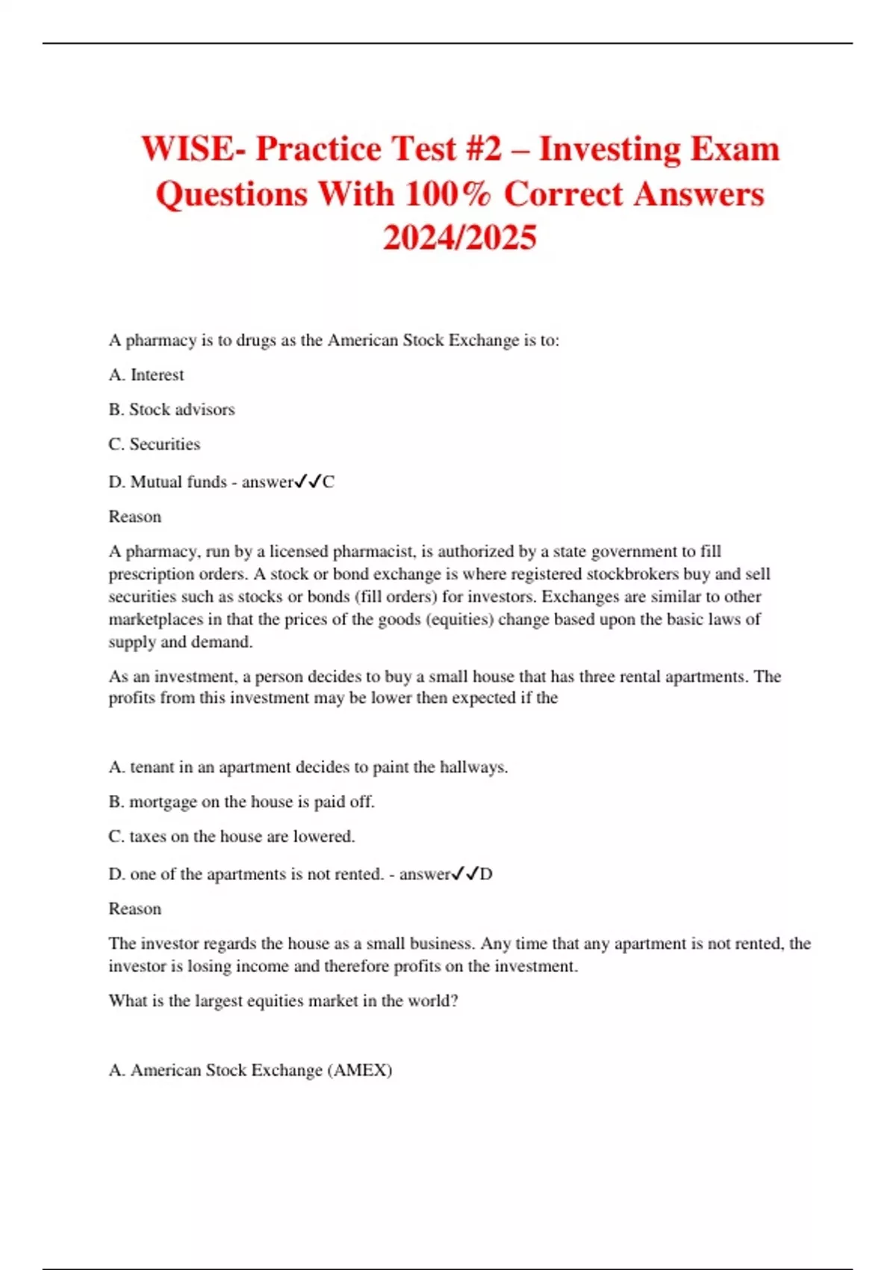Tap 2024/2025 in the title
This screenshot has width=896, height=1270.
click(459, 238)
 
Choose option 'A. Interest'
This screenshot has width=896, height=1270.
click(146, 375)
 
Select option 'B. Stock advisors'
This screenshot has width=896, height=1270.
click(172, 409)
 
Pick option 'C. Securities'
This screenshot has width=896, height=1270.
click(155, 444)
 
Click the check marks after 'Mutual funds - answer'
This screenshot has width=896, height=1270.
click(308, 482)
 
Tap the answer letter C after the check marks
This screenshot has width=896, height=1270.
click(329, 483)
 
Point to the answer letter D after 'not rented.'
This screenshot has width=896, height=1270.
click(486, 874)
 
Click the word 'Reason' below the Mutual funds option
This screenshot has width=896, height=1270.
click(135, 517)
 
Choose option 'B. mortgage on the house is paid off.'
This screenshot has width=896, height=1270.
click(241, 802)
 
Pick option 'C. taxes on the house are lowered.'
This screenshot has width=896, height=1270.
click(231, 837)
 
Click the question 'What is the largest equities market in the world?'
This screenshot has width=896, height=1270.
click(283, 1001)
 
